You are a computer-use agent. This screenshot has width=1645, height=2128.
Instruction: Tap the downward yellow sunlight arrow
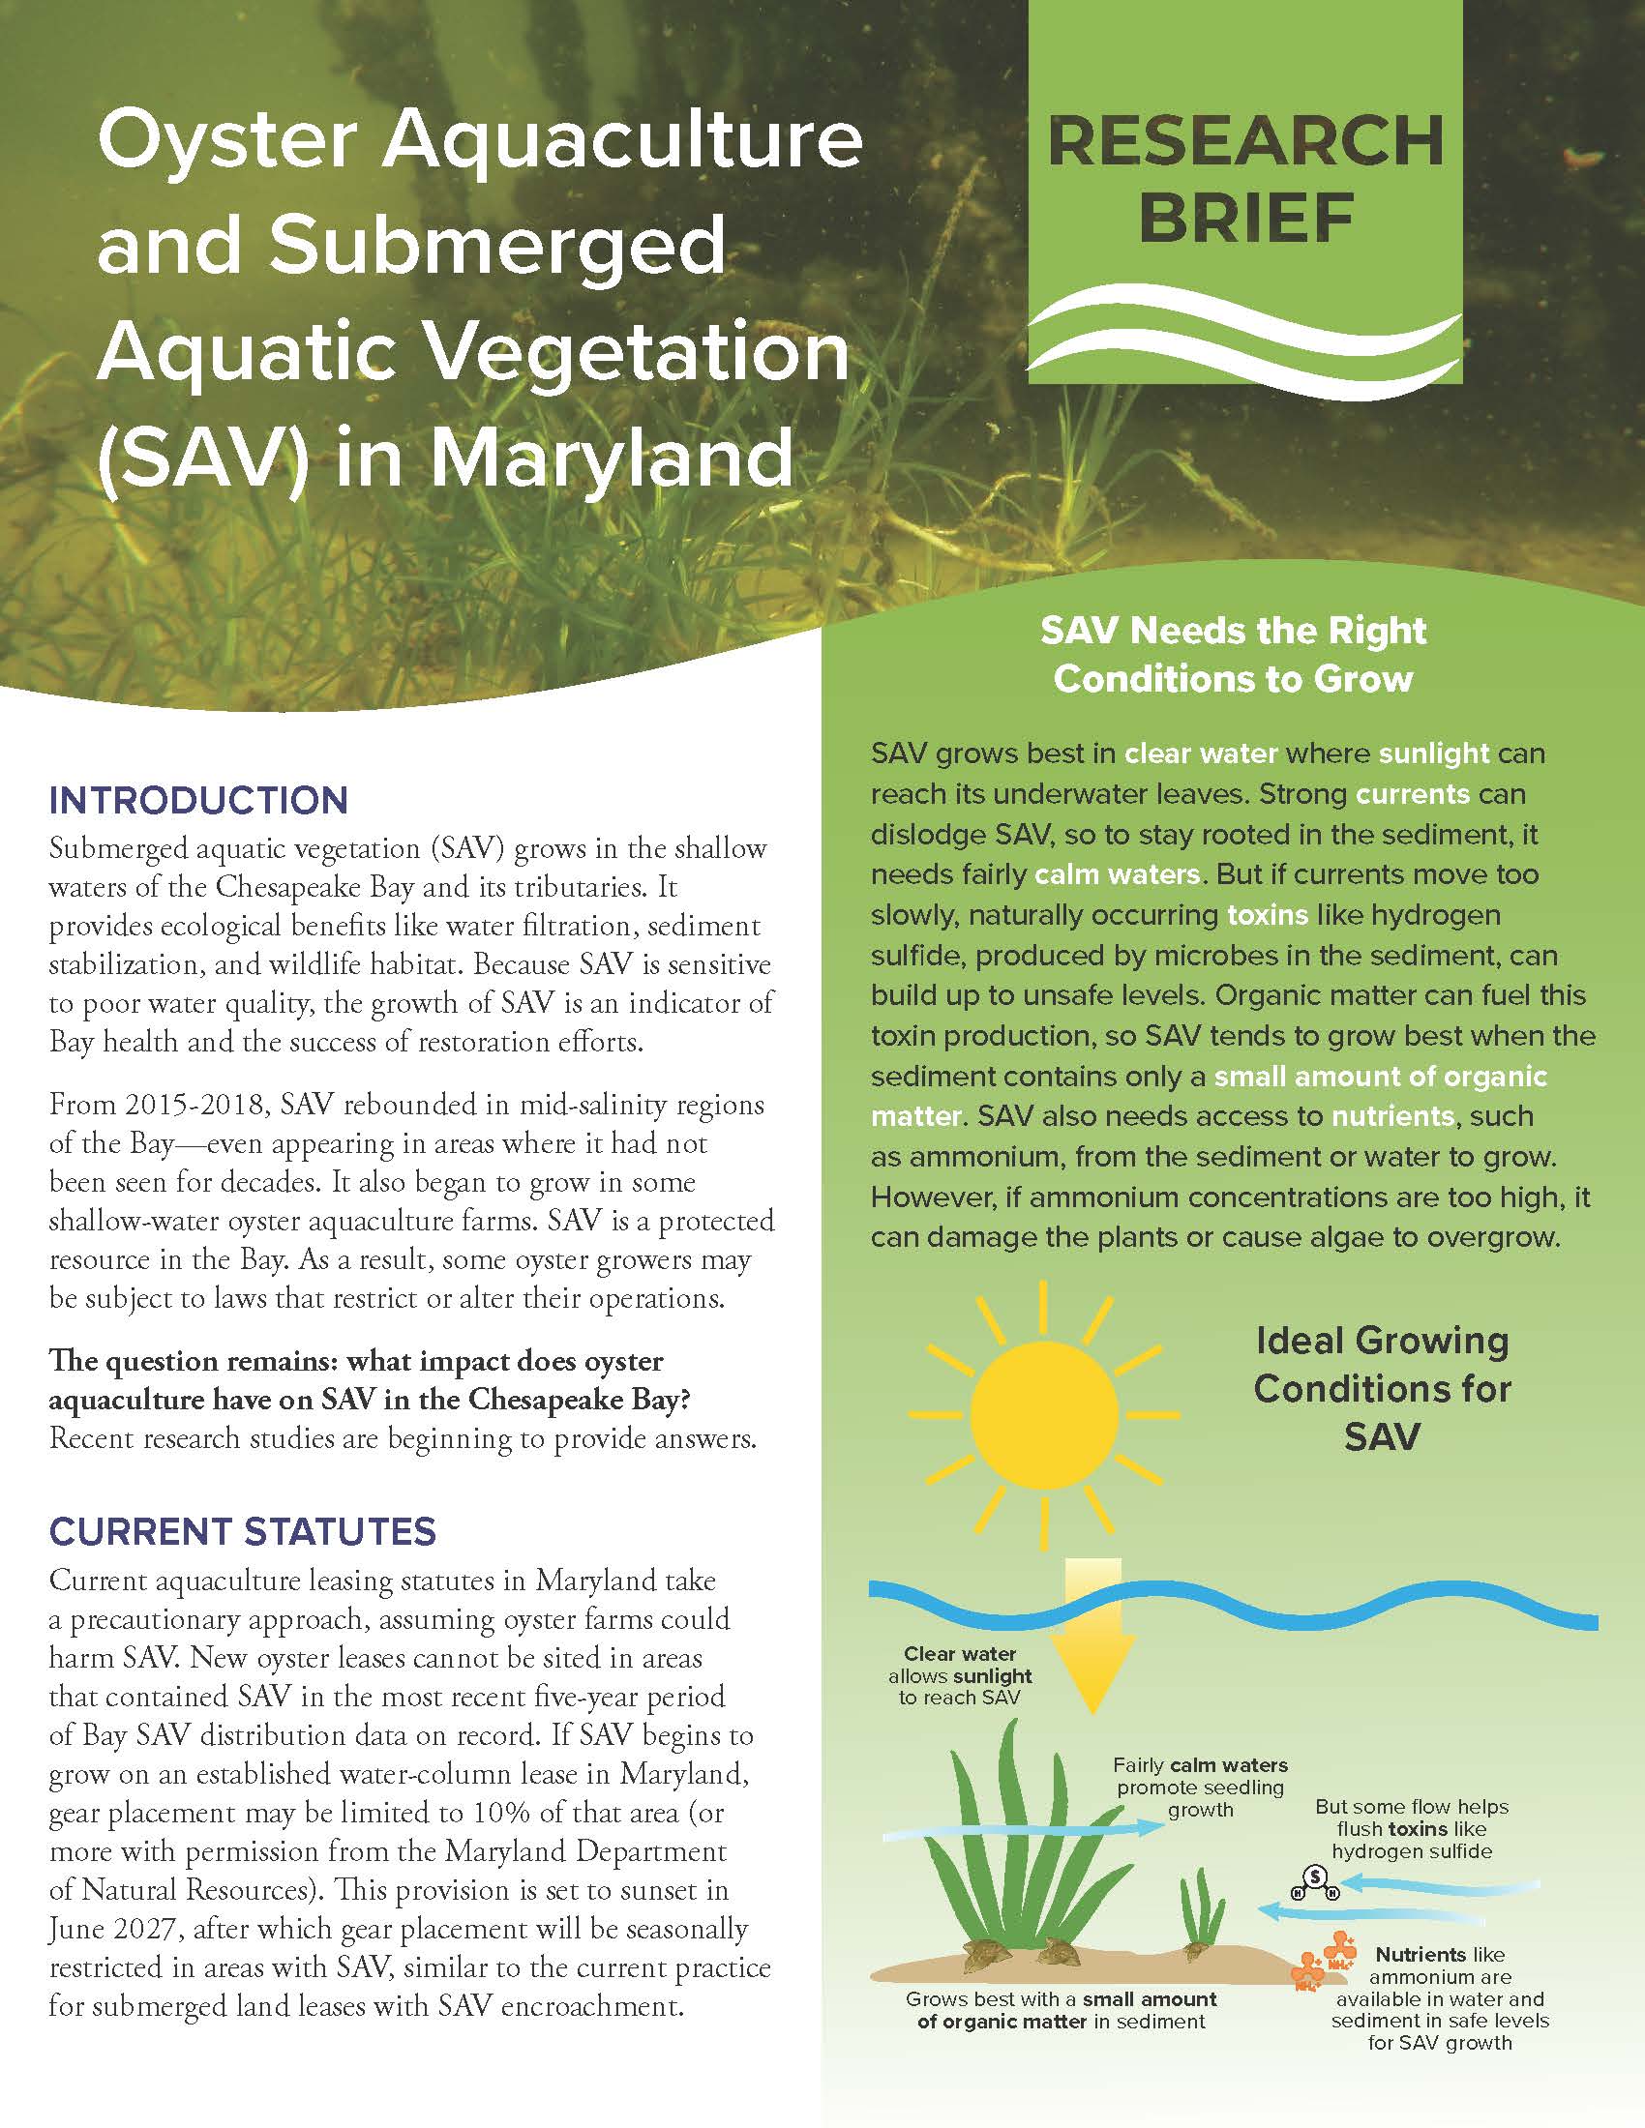1093,1640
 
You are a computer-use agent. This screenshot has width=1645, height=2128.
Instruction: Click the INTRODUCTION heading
197,801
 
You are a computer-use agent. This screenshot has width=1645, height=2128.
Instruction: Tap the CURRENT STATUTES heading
243,1532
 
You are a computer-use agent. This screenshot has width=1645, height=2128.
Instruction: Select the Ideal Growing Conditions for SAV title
1382,1387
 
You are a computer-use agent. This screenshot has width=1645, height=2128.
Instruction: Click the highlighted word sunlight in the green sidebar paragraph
1433,754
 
